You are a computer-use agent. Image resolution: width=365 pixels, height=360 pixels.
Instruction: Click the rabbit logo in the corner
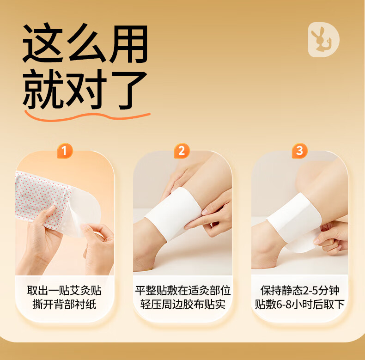(323, 40)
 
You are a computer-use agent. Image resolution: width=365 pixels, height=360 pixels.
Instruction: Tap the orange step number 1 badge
(65, 151)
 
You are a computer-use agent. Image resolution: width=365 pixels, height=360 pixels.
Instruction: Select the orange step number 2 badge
(182, 151)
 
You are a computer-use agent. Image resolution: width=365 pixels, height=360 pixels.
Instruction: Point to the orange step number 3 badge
(299, 151)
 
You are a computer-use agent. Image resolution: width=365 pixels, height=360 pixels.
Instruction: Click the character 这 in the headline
(43, 43)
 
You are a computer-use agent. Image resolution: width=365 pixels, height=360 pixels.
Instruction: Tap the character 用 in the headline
(128, 43)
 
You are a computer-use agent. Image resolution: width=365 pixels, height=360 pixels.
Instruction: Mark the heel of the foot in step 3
(260, 258)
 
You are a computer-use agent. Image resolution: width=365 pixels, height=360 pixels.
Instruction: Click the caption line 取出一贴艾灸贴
(64, 291)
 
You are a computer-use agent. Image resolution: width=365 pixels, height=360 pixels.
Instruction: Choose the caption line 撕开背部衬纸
(64, 305)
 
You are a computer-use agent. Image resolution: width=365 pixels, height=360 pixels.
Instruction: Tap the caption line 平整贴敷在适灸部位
(183, 291)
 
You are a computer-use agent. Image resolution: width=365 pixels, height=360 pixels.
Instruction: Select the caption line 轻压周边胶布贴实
(183, 305)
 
